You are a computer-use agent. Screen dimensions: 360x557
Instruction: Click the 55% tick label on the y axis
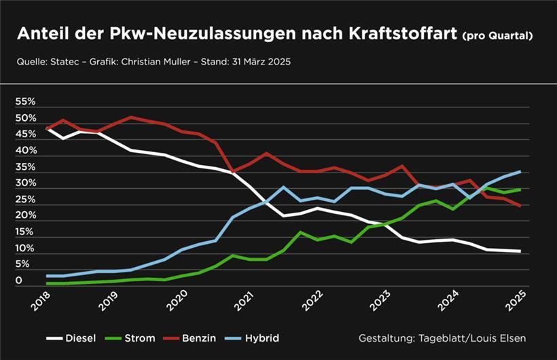click(25, 102)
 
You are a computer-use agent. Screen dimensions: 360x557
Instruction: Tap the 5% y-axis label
click(22, 264)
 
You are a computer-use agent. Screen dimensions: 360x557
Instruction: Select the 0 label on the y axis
click(19, 280)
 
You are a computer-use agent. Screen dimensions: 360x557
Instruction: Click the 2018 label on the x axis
click(41, 300)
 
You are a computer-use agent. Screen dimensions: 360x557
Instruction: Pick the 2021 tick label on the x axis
click(242, 300)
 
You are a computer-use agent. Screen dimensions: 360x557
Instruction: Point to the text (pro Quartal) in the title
click(497, 35)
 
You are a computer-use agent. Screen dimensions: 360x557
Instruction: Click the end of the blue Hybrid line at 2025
click(520, 171)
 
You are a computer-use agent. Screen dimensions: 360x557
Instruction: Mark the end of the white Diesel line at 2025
click(520, 251)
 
